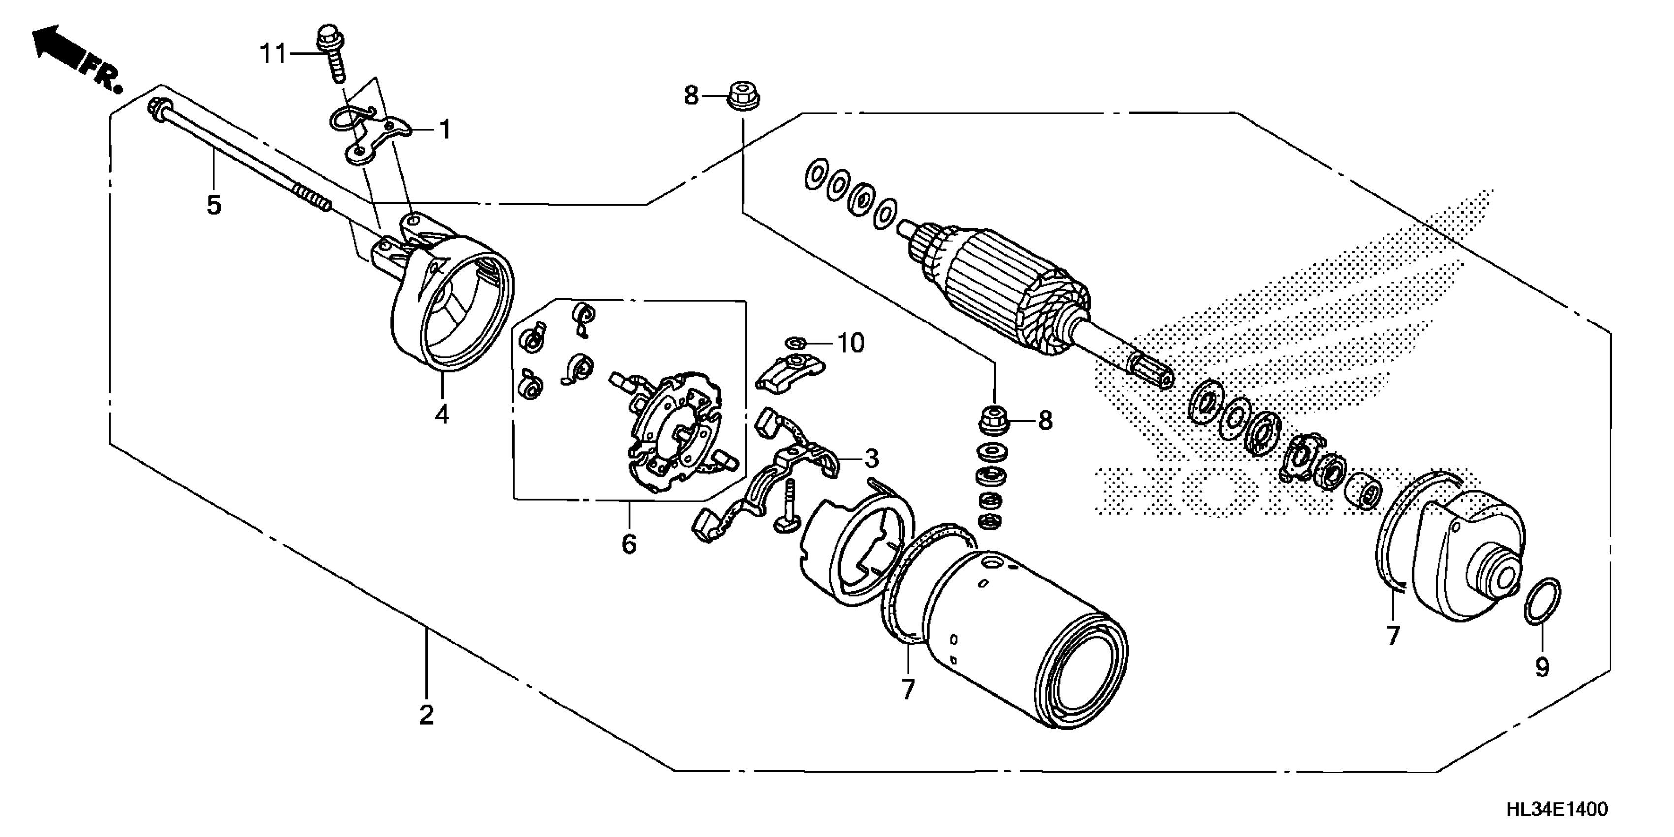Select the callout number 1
(x=445, y=130)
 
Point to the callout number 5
(x=214, y=205)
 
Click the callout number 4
(x=442, y=414)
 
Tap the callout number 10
(x=851, y=343)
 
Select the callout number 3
(x=871, y=459)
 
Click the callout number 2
(x=426, y=715)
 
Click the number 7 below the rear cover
(x=1392, y=636)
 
